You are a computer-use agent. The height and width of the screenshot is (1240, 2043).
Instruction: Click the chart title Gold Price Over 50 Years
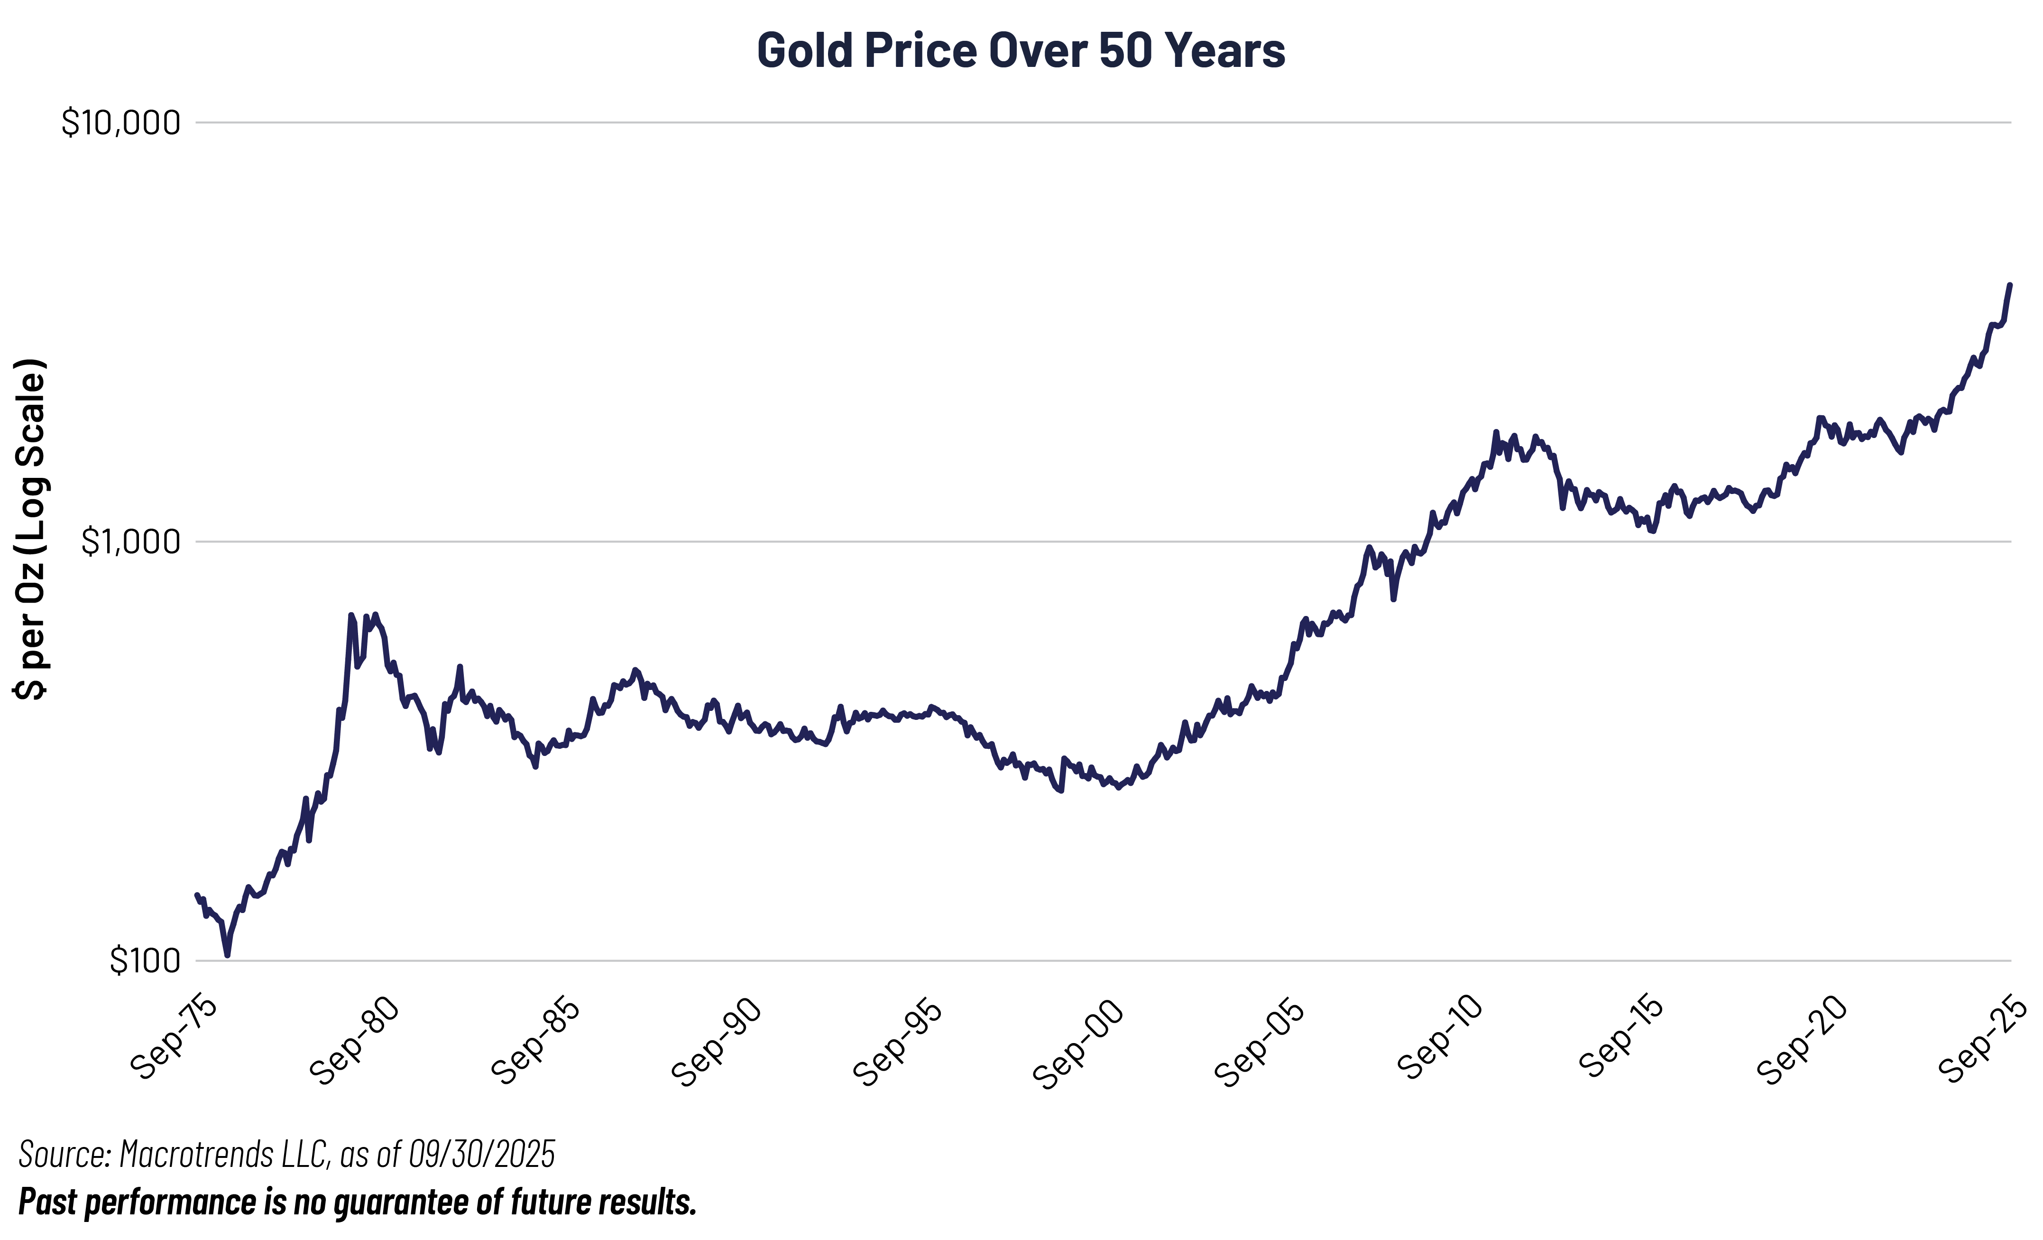point(1021,51)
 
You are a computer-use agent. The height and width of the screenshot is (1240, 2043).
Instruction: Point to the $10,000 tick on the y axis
point(121,123)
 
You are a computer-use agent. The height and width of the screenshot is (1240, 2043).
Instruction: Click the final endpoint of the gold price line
point(2010,285)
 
